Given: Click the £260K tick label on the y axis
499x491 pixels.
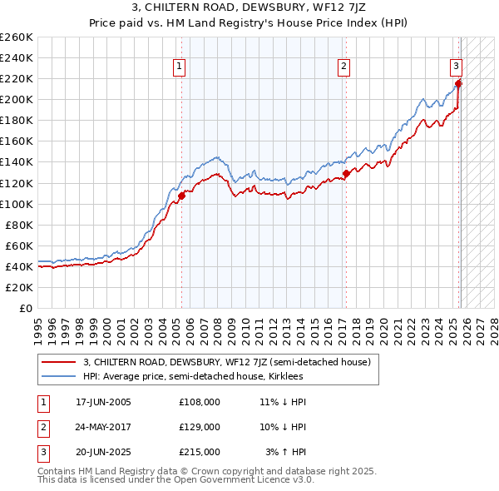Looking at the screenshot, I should (x=17, y=37).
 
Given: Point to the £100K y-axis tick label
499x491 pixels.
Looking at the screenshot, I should (x=17, y=204).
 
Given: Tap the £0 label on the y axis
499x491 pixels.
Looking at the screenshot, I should (x=27, y=308).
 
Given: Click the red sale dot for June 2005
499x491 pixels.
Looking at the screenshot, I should (x=181, y=196).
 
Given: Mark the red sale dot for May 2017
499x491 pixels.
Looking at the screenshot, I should (x=346, y=174).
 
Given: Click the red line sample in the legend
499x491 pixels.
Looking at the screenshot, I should (x=58, y=362).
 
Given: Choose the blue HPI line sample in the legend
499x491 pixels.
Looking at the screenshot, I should (x=58, y=376).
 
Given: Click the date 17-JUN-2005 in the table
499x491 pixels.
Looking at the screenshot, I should (x=103, y=402).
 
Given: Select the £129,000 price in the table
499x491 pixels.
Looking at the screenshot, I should (x=200, y=427).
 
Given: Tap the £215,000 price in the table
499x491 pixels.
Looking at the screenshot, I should (x=200, y=453).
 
